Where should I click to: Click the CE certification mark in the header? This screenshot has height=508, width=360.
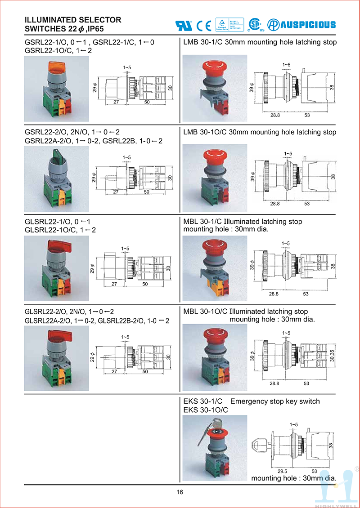(x=204, y=25)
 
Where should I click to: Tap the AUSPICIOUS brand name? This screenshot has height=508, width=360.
(x=308, y=25)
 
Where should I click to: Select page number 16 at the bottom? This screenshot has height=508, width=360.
(x=180, y=492)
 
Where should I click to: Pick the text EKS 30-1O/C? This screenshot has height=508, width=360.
(x=206, y=410)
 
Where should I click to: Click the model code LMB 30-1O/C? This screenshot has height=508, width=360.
(x=205, y=132)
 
